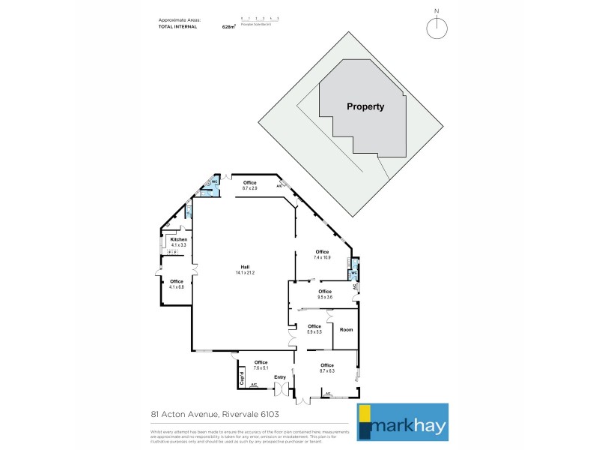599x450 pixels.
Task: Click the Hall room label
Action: coord(245,269)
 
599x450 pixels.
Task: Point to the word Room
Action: coord(346,330)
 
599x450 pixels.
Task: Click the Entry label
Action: coord(279,377)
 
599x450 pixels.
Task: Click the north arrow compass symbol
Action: coord(437,27)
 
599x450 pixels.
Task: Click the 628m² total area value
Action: coord(229,26)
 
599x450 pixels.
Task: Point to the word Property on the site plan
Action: coord(365,106)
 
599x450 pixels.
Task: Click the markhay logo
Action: coord(402,422)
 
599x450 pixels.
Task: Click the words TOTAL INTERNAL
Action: coord(177,26)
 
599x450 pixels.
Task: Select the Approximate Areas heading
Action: coord(180,19)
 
